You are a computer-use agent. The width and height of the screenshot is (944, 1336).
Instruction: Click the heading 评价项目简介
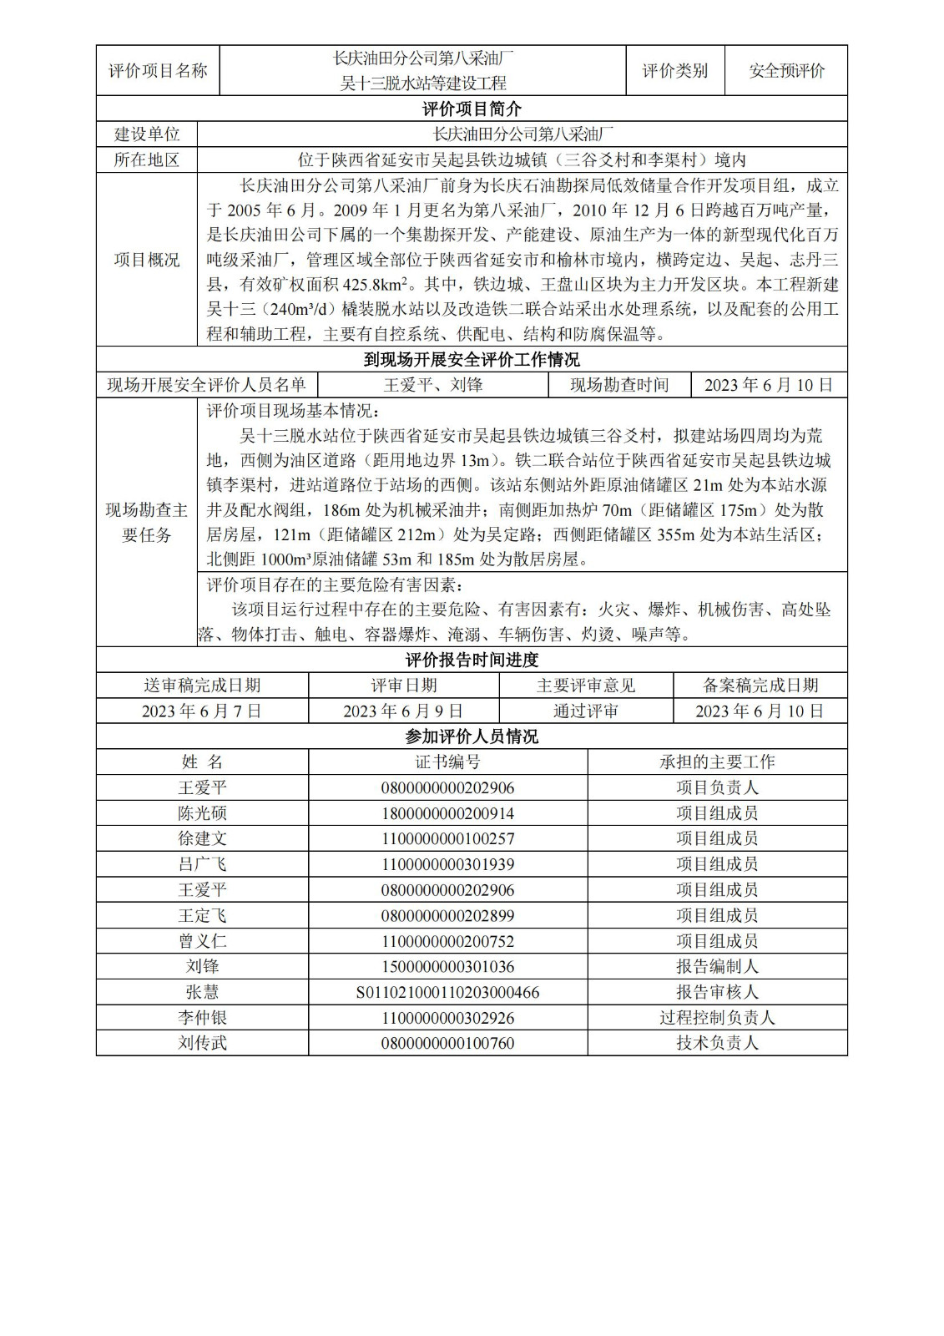(472, 109)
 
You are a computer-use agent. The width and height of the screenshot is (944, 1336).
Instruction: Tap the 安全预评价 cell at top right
(786, 71)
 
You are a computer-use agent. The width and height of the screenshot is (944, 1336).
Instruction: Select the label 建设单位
(147, 134)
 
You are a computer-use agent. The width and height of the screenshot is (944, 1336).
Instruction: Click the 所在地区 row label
(147, 159)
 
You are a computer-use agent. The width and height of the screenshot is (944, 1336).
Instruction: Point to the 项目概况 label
(147, 260)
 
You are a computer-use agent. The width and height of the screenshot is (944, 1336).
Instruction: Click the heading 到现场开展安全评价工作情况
(472, 360)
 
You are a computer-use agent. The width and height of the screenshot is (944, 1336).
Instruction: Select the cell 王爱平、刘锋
(433, 385)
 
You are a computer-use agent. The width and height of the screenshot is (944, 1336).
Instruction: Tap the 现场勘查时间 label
(619, 385)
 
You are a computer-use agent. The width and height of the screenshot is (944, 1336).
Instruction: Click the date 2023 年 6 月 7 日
(202, 711)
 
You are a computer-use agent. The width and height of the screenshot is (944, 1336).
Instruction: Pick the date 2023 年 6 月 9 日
(403, 711)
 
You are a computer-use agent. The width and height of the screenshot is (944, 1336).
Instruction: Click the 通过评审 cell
(586, 711)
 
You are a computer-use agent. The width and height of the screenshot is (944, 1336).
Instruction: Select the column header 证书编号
(447, 762)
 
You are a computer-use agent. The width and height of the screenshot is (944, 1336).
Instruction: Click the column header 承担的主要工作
(717, 762)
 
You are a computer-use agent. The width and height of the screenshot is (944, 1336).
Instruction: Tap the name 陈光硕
(202, 813)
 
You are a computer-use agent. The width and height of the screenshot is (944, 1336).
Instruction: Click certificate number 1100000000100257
(447, 838)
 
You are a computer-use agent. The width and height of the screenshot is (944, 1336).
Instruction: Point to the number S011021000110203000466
(447, 992)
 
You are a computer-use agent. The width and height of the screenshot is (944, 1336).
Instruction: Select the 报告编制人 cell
(717, 966)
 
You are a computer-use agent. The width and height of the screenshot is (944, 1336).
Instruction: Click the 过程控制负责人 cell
(717, 1018)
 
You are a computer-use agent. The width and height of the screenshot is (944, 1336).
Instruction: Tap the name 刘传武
(202, 1043)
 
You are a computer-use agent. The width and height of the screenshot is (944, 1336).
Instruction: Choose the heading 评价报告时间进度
(472, 660)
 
